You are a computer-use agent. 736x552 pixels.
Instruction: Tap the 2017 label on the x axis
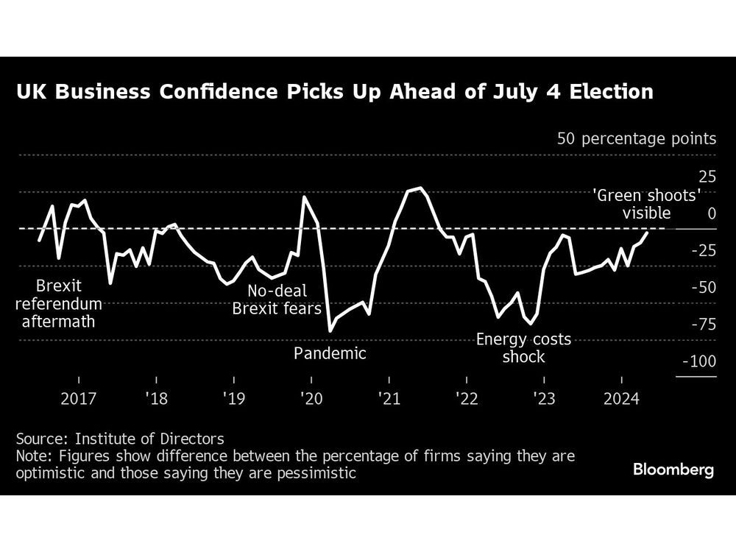tap(79, 399)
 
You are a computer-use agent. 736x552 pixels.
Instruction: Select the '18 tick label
tap(156, 399)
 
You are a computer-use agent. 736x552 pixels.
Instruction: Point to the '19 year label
tap(233, 399)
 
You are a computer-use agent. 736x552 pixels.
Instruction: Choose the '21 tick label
tap(389, 399)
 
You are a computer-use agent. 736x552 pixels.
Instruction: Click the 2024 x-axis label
tap(621, 399)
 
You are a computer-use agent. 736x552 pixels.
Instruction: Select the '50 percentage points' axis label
tap(636, 138)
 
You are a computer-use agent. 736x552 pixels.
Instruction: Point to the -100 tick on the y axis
tap(699, 361)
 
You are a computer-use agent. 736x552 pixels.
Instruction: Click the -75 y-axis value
tap(702, 324)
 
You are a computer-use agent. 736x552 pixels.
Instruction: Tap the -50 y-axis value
tap(702, 287)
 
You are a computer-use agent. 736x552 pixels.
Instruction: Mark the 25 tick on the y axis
tap(707, 177)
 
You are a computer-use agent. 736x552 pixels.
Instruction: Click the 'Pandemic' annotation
tap(330, 353)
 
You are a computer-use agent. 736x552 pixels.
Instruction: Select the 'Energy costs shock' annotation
tap(523, 348)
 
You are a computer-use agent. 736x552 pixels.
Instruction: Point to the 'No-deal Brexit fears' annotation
tap(277, 299)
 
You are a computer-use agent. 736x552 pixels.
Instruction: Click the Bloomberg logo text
tap(673, 470)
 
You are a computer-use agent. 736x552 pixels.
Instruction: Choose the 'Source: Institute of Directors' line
tap(119, 439)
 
